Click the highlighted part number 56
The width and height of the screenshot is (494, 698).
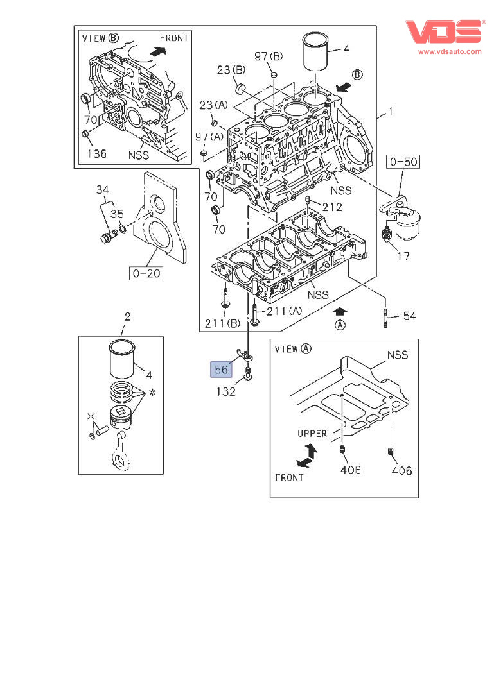[x=221, y=370]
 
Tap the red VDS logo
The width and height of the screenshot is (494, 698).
[x=444, y=33]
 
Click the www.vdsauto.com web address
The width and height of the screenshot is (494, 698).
[x=450, y=51]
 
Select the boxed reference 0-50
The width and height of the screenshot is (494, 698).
[x=403, y=162]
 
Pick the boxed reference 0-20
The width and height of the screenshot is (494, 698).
[x=145, y=274]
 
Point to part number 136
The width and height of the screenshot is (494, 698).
[x=96, y=154]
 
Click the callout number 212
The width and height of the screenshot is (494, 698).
[x=332, y=207]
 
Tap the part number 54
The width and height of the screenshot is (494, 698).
[x=409, y=316]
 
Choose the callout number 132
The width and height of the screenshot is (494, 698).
[x=225, y=391]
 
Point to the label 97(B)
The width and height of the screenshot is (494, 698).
[x=268, y=56]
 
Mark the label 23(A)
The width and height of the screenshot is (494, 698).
[x=213, y=105]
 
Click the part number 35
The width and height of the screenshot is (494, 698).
[x=116, y=215]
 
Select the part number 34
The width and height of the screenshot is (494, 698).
[x=103, y=190]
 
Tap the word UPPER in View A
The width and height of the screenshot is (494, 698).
[x=312, y=434]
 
